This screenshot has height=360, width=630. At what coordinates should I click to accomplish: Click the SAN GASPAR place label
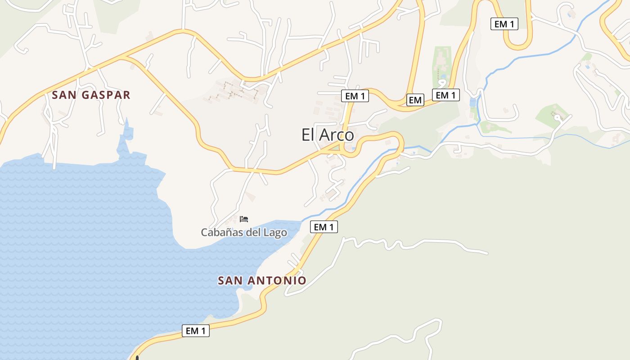(x=91, y=95)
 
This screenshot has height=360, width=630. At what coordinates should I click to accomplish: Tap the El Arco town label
(x=328, y=135)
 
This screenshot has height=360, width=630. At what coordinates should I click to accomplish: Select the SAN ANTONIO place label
(x=262, y=280)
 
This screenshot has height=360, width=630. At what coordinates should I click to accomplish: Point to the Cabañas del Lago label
(x=244, y=232)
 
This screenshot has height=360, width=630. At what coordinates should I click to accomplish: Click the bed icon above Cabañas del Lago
(x=244, y=219)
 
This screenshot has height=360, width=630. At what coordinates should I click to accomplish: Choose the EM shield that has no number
(x=415, y=100)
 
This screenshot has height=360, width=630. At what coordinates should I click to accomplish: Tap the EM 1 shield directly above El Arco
(x=355, y=96)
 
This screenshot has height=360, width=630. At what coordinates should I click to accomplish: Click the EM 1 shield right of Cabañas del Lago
(x=324, y=227)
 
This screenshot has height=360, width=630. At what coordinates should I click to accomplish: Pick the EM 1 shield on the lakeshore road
(x=196, y=331)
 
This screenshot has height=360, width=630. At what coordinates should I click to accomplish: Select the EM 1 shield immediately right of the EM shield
(x=446, y=95)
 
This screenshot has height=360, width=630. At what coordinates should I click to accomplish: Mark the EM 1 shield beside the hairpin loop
(x=504, y=24)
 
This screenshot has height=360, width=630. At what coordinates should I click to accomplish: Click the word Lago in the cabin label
(x=275, y=232)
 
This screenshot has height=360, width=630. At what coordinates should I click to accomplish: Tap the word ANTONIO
(x=277, y=280)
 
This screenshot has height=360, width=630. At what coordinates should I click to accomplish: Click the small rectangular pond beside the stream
(x=472, y=102)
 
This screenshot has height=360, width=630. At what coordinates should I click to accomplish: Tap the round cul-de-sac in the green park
(x=558, y=117)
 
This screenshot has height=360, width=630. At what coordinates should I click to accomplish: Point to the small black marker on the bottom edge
(x=137, y=358)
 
